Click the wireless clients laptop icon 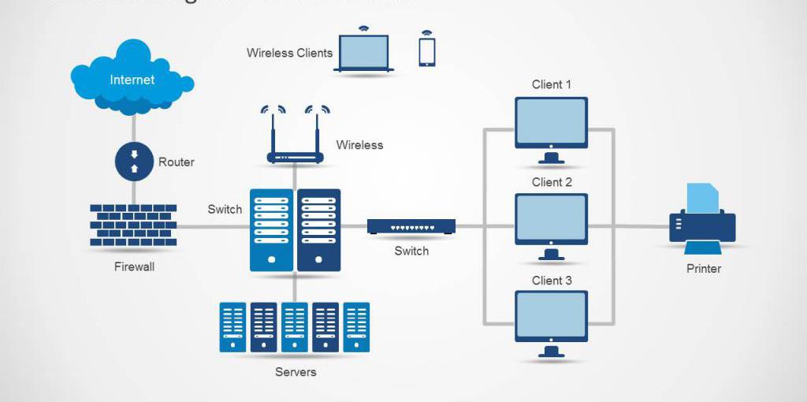363,54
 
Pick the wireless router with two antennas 296,142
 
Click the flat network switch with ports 411,226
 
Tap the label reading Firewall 134,267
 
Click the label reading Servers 296,372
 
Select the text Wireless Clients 289,54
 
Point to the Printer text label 703,269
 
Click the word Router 176,162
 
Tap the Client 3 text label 552,281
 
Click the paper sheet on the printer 703,198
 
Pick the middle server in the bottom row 295,326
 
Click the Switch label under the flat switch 411,251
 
